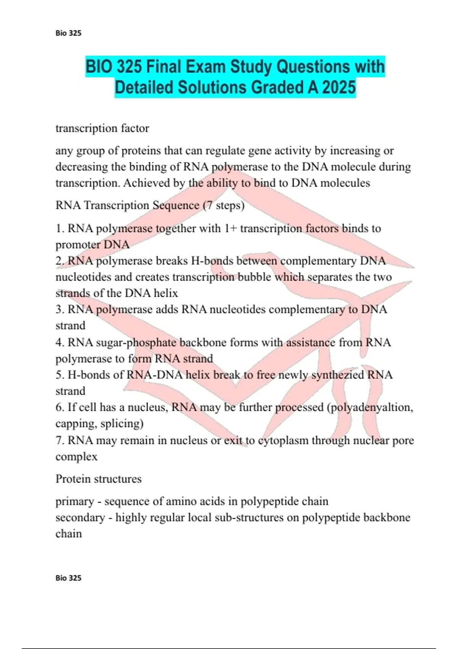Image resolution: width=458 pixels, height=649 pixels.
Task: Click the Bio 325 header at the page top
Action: point(68,33)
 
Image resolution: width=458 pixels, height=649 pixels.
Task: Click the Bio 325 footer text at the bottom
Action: point(68,578)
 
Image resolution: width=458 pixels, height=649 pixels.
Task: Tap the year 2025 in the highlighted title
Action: point(339,88)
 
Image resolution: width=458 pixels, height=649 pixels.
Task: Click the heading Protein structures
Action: point(98,479)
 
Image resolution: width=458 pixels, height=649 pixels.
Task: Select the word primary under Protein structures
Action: point(75,502)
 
